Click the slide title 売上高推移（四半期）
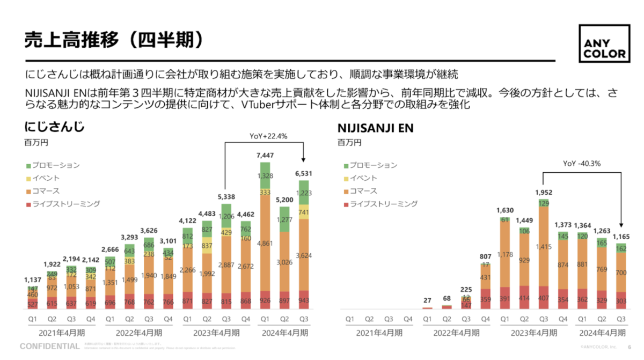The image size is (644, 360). pyautogui.click(x=114, y=40)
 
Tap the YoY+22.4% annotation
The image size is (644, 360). pyautogui.click(x=269, y=136)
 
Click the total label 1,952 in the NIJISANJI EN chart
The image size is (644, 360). pyautogui.click(x=543, y=192)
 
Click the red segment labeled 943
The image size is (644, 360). pyautogui.click(x=304, y=300)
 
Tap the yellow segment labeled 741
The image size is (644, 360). pyautogui.click(x=304, y=212)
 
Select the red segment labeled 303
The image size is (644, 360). pyautogui.click(x=620, y=302)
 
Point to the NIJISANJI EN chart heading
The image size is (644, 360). pyautogui.click(x=375, y=128)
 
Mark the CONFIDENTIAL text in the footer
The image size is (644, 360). pyautogui.click(x=49, y=346)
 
